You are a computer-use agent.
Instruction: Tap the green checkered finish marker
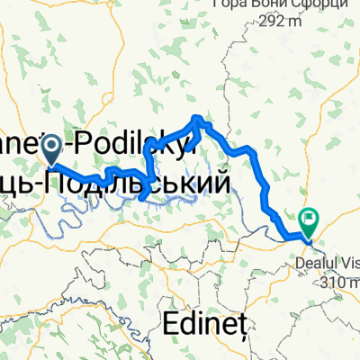309,218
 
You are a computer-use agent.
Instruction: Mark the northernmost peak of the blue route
200,118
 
